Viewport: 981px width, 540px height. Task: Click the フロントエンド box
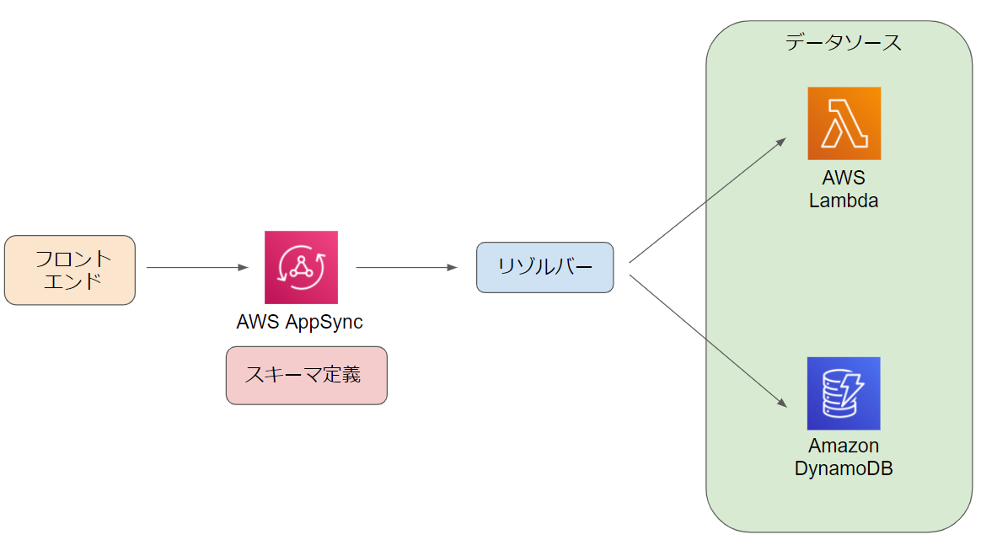[70, 270]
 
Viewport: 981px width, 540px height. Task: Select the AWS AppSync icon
[301, 267]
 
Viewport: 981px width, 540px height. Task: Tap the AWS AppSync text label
[300, 322]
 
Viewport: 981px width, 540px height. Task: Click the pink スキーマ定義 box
[306, 375]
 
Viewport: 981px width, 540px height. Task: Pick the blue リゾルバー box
[544, 267]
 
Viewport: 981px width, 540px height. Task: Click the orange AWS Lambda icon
[844, 123]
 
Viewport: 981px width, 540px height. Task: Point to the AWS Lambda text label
[844, 190]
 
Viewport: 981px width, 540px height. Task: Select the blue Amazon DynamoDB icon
[843, 393]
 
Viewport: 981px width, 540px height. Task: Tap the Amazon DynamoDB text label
[844, 457]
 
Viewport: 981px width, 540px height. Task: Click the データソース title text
[843, 42]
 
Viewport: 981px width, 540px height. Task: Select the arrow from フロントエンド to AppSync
[197, 267]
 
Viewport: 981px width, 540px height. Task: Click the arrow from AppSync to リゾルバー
[406, 267]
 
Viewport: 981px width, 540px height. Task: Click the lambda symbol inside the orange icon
[844, 124]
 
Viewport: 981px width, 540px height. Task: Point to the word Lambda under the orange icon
[844, 200]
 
